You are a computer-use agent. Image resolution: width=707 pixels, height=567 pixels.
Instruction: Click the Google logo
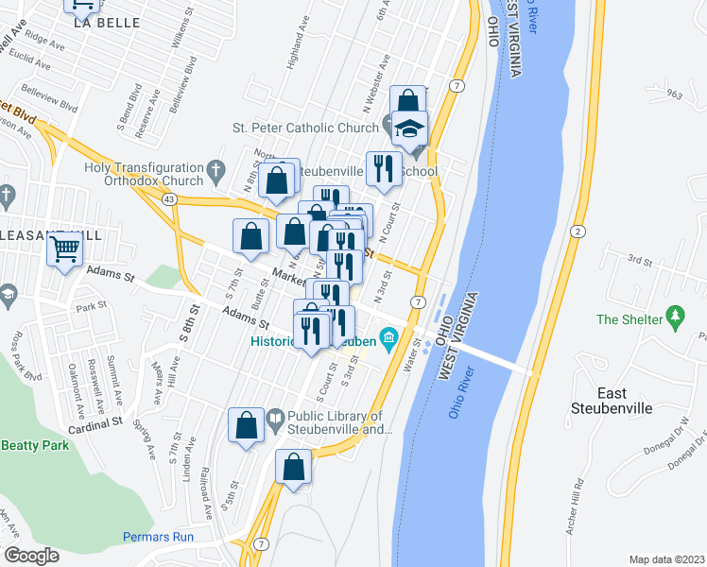tap(31, 555)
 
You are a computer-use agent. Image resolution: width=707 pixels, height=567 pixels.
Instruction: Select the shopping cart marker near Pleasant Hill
tap(65, 250)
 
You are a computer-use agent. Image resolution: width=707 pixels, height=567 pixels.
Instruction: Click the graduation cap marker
tap(409, 129)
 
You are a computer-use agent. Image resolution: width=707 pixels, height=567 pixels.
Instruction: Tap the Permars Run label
tap(158, 537)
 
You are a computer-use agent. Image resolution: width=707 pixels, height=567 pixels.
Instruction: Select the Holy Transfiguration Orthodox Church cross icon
tap(216, 173)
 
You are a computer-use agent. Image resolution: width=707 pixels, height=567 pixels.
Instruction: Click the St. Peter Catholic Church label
tap(305, 128)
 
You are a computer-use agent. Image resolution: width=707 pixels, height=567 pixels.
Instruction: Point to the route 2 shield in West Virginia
tap(576, 232)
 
